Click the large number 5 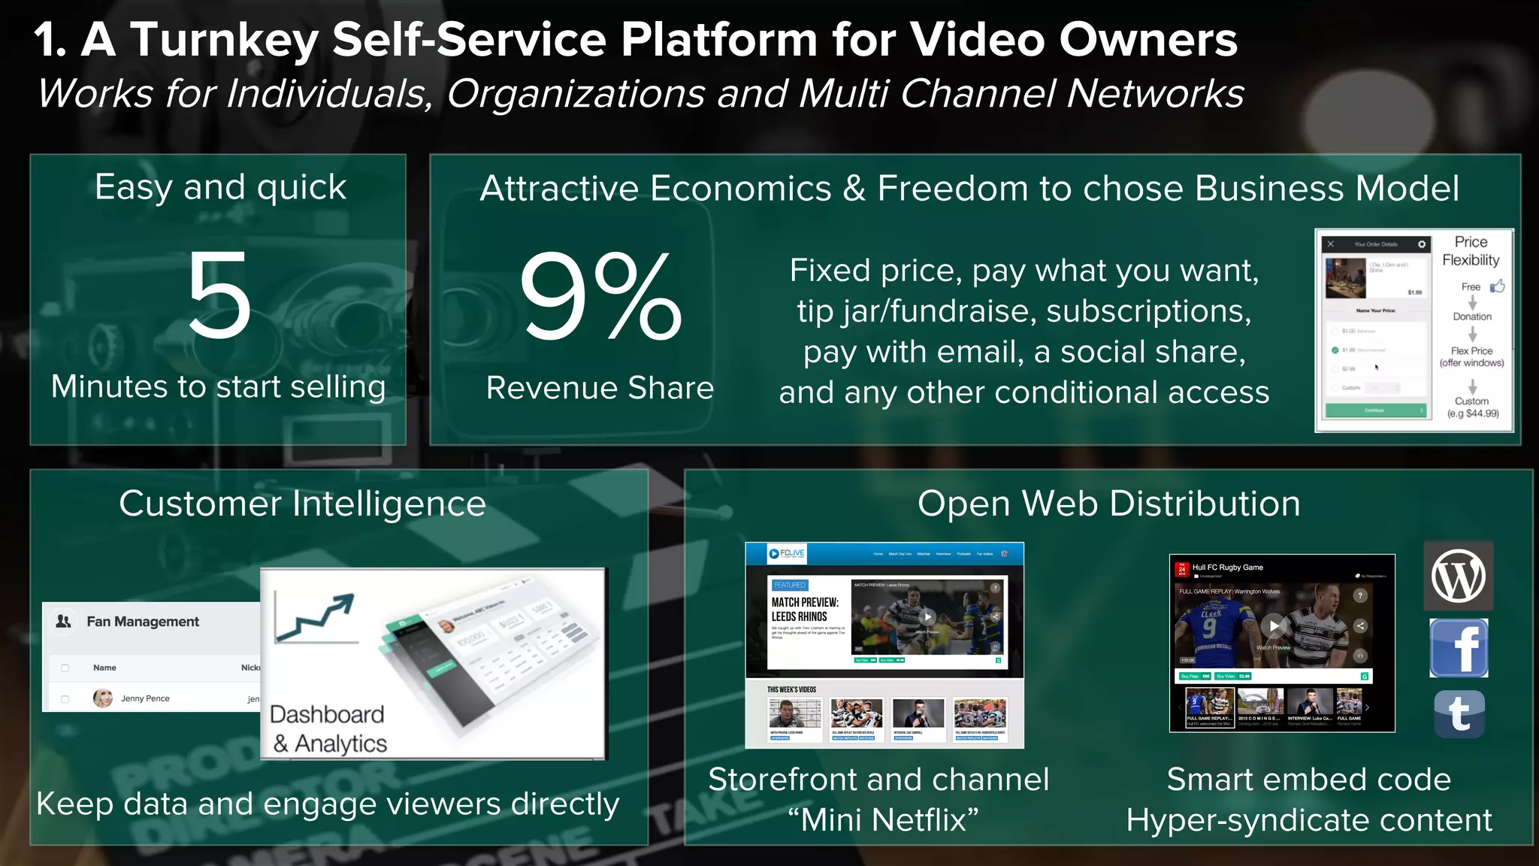pyautogui.click(x=219, y=295)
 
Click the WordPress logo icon pyautogui.click(x=1458, y=577)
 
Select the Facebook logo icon pyautogui.click(x=1459, y=648)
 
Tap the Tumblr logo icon pyautogui.click(x=1459, y=714)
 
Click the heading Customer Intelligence pyautogui.click(x=302, y=504)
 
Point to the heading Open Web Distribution pyautogui.click(x=1108, y=504)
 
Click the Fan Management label pyautogui.click(x=143, y=622)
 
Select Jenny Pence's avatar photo pyautogui.click(x=103, y=698)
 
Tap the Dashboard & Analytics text pyautogui.click(x=328, y=728)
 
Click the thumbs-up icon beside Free pyautogui.click(x=1498, y=286)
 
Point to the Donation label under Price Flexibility pyautogui.click(x=1471, y=316)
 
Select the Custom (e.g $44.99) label pyautogui.click(x=1472, y=407)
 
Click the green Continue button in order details pyautogui.click(x=1374, y=410)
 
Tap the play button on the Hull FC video pyautogui.click(x=1274, y=625)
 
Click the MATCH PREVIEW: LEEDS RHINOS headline pyautogui.click(x=805, y=609)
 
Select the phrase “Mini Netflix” pyautogui.click(x=883, y=820)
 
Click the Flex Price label pyautogui.click(x=1471, y=351)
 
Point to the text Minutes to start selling pyautogui.click(x=219, y=387)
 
